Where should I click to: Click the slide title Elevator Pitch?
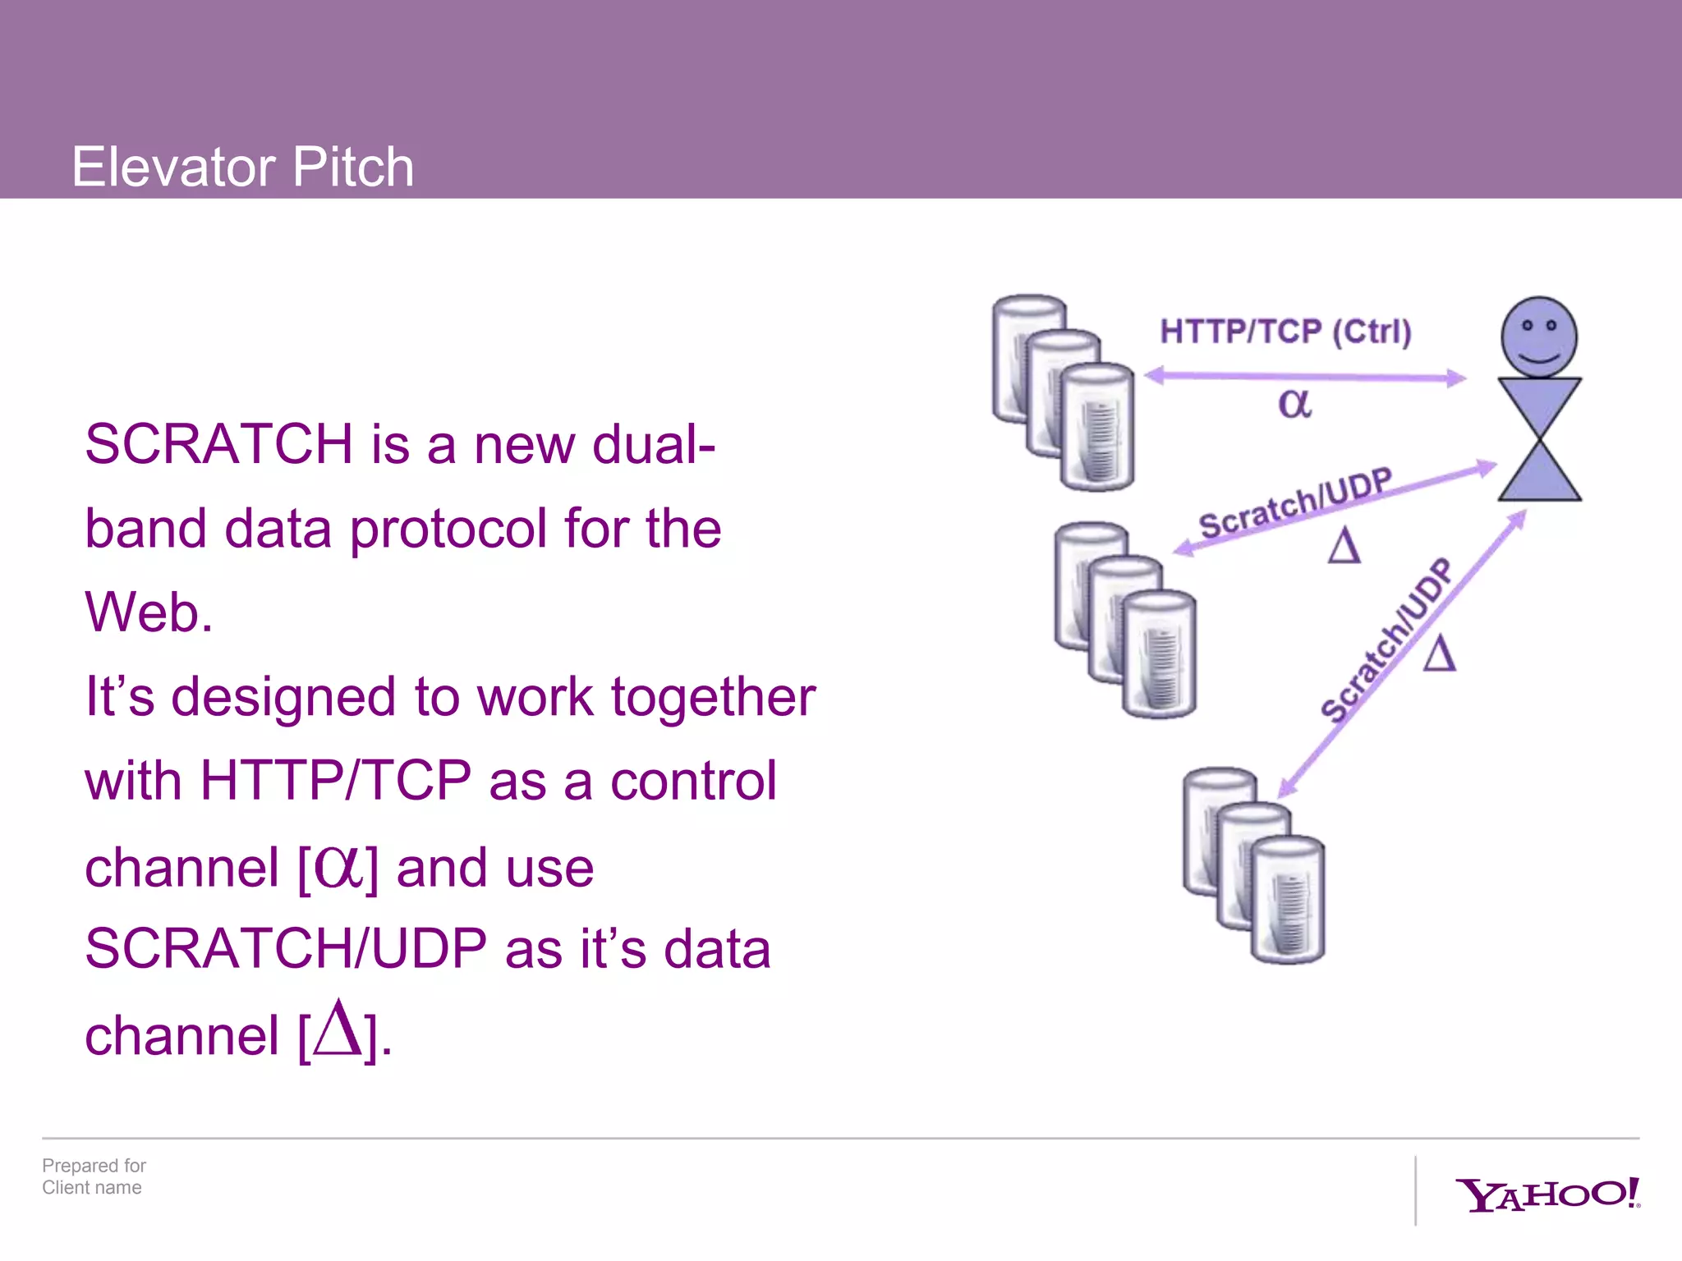242,167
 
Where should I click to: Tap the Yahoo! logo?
1546,1195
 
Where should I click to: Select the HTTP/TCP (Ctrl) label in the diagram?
1285,332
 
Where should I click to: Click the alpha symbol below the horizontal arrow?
1294,403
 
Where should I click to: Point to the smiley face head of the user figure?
1539,337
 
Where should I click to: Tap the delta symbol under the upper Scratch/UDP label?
1344,545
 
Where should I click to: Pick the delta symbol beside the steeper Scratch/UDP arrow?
1440,653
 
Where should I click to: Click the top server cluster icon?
1063,392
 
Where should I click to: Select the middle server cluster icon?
1125,620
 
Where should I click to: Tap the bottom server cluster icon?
1253,865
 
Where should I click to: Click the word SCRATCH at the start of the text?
218,444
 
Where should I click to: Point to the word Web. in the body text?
149,612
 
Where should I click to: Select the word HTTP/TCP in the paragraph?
335,780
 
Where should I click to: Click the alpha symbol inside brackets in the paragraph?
338,867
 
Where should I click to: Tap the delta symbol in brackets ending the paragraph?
338,1029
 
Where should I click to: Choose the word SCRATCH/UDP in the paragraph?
286,948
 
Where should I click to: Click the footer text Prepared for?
94,1166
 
